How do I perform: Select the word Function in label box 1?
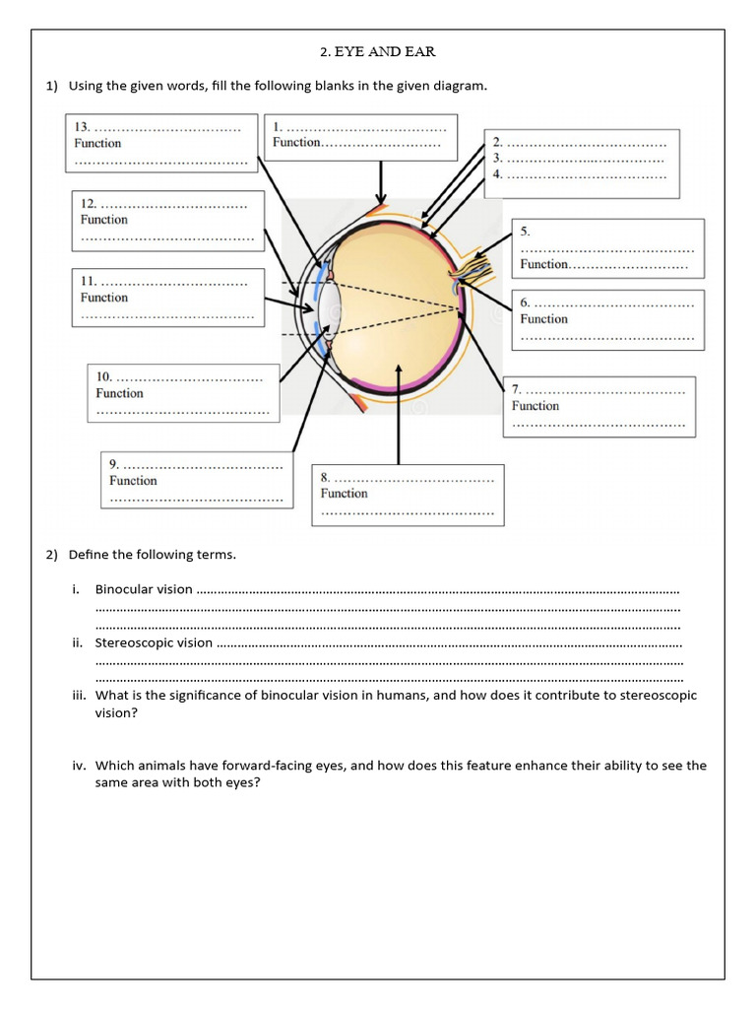(x=297, y=143)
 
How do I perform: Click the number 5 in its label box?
(x=526, y=232)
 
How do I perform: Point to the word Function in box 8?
(x=344, y=494)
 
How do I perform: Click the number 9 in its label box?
(x=114, y=464)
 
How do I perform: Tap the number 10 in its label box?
(x=103, y=376)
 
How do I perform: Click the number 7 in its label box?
(x=517, y=390)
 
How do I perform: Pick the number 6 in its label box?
(x=526, y=303)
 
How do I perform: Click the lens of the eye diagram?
(x=330, y=308)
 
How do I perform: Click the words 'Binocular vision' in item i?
(x=144, y=589)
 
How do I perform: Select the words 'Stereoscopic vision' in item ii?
(x=154, y=642)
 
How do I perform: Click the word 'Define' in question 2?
(x=88, y=555)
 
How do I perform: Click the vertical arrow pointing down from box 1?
(x=380, y=183)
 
